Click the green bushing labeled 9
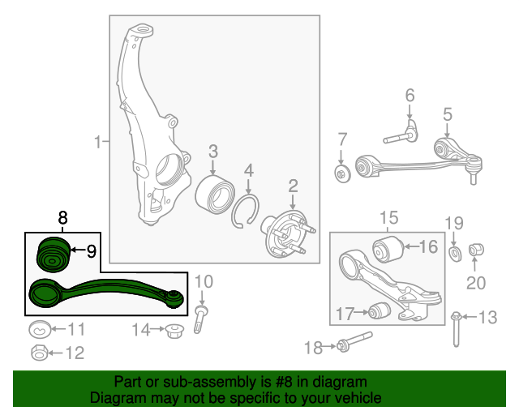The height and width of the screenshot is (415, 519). tap(53, 255)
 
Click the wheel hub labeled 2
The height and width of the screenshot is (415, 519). tap(287, 234)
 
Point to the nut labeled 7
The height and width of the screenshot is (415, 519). tap(342, 173)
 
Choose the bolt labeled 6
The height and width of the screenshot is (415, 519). tap(401, 135)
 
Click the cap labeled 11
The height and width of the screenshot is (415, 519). tap(40, 329)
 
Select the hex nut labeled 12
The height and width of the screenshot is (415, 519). tap(40, 353)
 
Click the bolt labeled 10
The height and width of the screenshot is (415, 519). tap(200, 319)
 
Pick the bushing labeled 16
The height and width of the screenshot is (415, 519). tap(388, 249)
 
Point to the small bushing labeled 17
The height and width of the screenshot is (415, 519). tap(380, 310)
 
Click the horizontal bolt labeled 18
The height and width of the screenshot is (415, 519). tap(354, 342)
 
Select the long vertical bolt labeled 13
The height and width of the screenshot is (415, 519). tap(456, 329)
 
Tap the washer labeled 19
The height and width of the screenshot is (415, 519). tap(456, 254)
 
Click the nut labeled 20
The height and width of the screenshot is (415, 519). tap(476, 250)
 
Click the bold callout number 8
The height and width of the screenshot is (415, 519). tap(62, 218)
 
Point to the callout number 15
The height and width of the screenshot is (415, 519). tap(388, 218)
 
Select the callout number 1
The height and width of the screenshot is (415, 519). tap(97, 142)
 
